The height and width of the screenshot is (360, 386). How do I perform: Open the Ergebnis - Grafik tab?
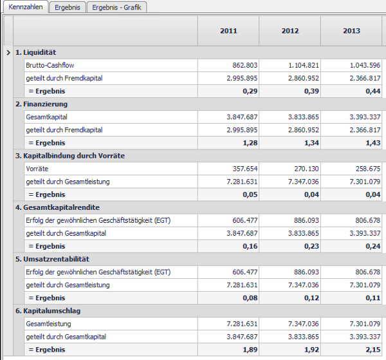(x=116, y=7)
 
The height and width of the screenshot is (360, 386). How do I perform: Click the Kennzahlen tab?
(x=26, y=7)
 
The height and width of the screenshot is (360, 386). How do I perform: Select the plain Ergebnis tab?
(x=68, y=7)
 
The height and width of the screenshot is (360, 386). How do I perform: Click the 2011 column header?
(x=228, y=31)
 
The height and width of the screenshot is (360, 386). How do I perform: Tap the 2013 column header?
(x=351, y=31)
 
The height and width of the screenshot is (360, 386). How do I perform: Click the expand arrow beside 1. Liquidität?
(x=8, y=52)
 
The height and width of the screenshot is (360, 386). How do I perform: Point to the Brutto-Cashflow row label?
(x=50, y=65)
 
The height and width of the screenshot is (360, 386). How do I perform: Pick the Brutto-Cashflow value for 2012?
(x=304, y=65)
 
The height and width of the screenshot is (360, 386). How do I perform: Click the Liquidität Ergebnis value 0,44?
(x=373, y=91)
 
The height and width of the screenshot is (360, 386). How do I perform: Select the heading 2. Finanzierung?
(x=41, y=104)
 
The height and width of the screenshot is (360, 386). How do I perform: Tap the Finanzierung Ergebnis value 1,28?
(x=250, y=143)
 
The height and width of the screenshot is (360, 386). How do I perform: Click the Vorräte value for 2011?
(x=245, y=169)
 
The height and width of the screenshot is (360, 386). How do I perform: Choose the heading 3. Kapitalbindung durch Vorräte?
(x=70, y=156)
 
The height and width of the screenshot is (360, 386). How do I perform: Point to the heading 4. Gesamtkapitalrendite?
(x=57, y=207)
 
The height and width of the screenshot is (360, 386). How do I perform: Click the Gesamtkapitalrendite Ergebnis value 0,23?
(x=311, y=246)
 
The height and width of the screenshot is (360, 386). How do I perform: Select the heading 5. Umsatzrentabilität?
(x=52, y=260)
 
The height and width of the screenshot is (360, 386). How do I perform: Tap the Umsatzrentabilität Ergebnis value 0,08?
(x=250, y=298)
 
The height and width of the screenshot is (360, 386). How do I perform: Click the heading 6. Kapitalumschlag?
(x=48, y=311)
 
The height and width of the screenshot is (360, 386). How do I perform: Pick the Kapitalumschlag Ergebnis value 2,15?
(x=373, y=350)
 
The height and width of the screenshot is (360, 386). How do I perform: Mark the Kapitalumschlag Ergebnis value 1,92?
(x=311, y=350)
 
